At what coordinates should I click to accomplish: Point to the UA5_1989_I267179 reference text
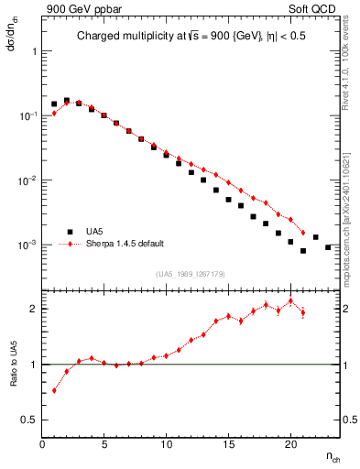pos(191,274)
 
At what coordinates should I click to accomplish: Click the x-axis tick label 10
pos(166,444)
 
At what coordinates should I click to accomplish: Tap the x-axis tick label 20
pos(289,444)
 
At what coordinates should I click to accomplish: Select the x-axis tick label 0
pos(42,444)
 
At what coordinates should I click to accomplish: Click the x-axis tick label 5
pos(104,444)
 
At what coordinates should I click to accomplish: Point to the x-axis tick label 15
pos(228,444)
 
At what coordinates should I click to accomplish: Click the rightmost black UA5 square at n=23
pos(328,246)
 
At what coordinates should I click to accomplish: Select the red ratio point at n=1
pos(54,390)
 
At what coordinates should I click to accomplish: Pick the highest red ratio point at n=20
pos(290,300)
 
